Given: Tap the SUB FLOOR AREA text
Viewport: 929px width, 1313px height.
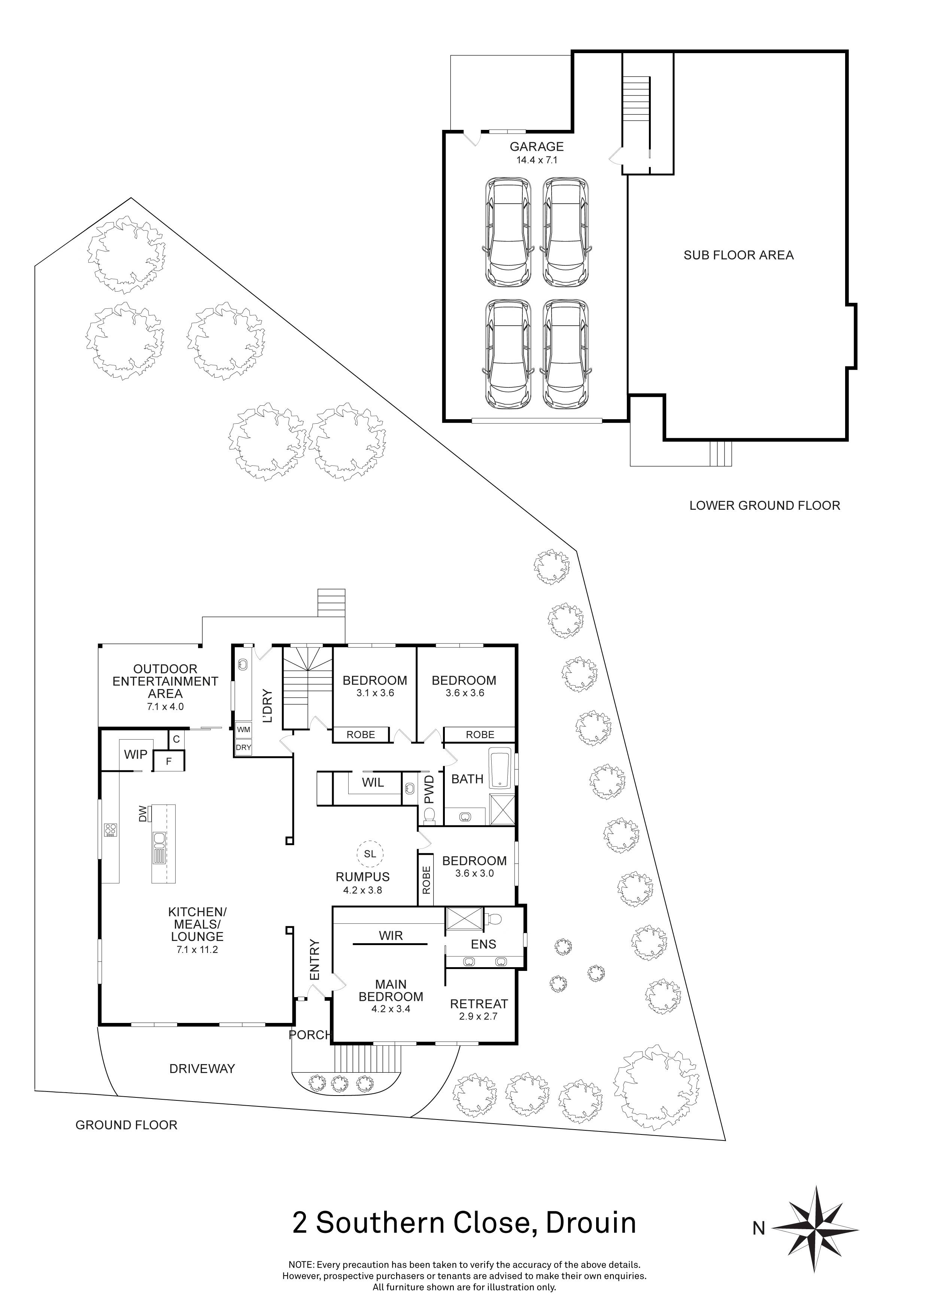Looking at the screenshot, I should (738, 255).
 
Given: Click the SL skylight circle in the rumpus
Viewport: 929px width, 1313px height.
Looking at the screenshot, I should (370, 854).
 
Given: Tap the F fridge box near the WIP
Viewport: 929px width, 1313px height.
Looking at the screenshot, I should (169, 761).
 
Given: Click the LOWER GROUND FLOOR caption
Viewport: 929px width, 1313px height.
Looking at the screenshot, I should (764, 506).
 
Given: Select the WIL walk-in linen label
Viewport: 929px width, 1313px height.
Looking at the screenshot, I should (373, 782).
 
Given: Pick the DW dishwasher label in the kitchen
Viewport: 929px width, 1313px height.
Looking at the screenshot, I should (143, 814).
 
